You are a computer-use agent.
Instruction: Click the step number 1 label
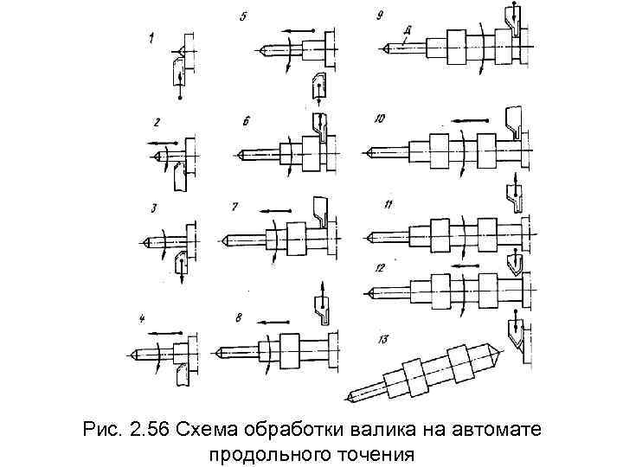coord(151,37)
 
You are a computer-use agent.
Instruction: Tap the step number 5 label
coord(244,17)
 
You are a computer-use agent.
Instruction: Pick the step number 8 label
coord(239,318)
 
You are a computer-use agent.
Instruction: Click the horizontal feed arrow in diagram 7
coord(275,208)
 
